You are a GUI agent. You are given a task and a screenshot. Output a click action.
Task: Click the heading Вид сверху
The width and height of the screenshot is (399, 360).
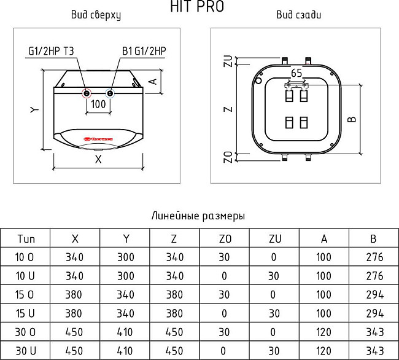pyautogui.click(x=96, y=15)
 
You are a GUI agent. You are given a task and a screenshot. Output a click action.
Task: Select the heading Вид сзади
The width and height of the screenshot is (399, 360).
pyautogui.click(x=298, y=15)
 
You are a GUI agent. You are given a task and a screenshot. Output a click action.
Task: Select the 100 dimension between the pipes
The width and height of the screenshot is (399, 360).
pyautogui.click(x=98, y=104)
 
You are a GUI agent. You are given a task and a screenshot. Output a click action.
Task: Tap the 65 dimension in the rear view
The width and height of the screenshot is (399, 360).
pyautogui.click(x=296, y=72)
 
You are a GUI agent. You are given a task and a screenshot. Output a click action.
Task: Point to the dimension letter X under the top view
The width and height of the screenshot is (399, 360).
pyautogui.click(x=98, y=159)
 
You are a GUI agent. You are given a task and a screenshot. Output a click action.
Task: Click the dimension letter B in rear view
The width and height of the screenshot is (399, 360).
pyautogui.click(x=351, y=119)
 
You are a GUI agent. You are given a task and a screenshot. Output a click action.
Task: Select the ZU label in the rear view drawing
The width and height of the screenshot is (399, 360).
pyautogui.click(x=228, y=61)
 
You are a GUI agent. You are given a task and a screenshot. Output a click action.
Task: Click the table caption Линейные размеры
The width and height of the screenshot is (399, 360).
pyautogui.click(x=198, y=216)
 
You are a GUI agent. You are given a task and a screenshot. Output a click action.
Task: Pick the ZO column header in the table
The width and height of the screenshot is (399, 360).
pyautogui.click(x=225, y=238)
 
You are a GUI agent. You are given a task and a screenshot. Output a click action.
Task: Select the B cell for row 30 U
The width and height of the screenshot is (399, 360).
pyautogui.click(x=373, y=351)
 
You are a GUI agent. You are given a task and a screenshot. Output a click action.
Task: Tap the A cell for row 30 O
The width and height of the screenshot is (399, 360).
pyautogui.click(x=323, y=332)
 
